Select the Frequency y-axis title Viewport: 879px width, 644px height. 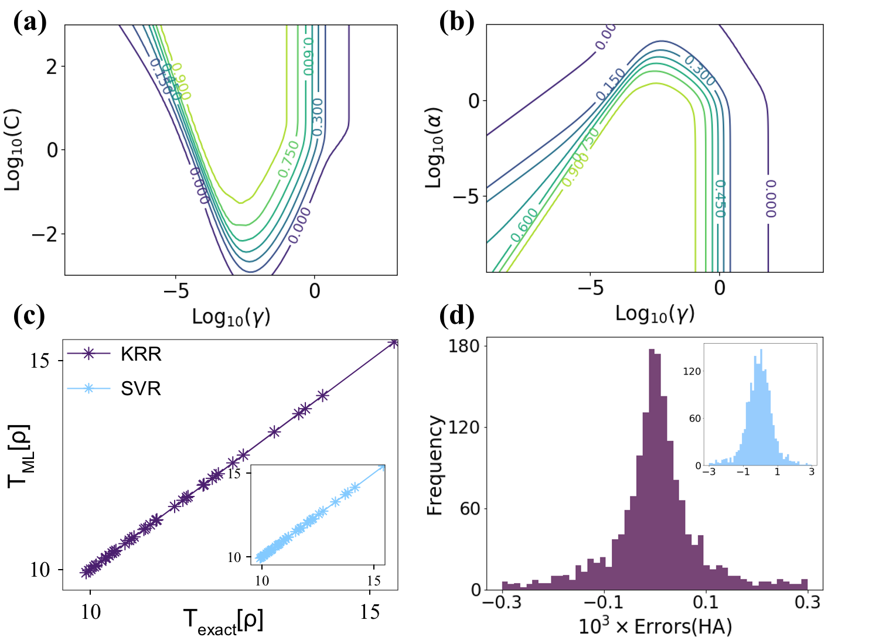(x=434, y=465)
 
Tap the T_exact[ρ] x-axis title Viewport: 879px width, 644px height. (x=223, y=621)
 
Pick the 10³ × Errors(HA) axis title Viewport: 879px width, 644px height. (x=655, y=626)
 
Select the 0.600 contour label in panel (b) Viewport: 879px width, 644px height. (x=524, y=225)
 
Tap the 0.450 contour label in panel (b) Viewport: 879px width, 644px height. (x=720, y=199)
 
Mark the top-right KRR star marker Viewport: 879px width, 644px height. (x=394, y=343)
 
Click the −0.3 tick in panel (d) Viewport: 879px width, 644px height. (x=502, y=602)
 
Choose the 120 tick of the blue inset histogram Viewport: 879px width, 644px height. (x=692, y=371)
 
